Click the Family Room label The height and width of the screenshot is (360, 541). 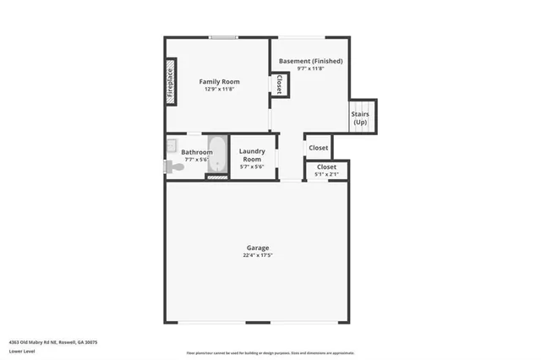tap(215, 81)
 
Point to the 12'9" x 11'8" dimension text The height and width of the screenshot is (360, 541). tap(215, 90)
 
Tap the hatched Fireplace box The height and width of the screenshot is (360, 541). tap(170, 81)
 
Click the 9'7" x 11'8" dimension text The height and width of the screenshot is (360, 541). tap(309, 69)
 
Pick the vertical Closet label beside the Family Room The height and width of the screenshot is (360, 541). tap(280, 84)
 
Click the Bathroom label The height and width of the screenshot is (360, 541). tap(197, 152)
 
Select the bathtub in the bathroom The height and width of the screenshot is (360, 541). tap(216, 154)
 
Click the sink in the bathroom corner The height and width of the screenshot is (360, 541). tap(171, 144)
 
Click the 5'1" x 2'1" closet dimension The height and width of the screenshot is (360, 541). tap(326, 175)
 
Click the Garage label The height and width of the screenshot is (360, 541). tap(258, 248)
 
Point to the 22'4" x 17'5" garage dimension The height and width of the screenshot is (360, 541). tap(258, 255)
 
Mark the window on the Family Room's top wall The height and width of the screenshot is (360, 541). tap(223, 36)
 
